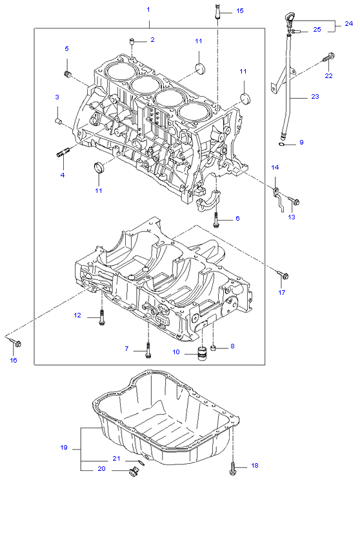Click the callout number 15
click(x=240, y=11)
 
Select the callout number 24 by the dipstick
click(x=348, y=23)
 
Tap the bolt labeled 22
click(x=328, y=57)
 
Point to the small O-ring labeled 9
click(x=281, y=144)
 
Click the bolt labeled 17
click(x=283, y=275)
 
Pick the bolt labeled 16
click(x=16, y=343)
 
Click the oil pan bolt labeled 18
click(x=232, y=469)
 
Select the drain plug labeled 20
click(x=134, y=472)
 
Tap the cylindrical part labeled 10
click(x=202, y=352)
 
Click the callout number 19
click(x=64, y=447)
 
